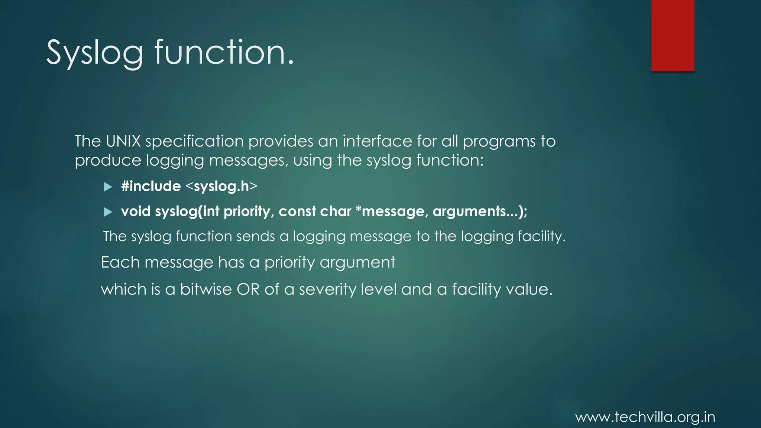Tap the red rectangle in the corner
coord(673,36)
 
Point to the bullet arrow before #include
coord(108,187)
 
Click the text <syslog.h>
coord(221,186)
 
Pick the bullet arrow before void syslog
coord(108,212)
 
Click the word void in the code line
coord(136,211)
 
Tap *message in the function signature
coord(389,211)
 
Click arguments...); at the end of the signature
coord(480,211)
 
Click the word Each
coord(120,262)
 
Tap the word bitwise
coord(206,289)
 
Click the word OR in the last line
coord(248,289)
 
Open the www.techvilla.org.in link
coord(645,417)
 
